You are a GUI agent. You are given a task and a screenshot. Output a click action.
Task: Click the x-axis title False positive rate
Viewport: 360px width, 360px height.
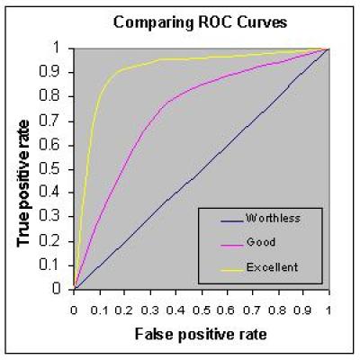(x=200, y=335)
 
